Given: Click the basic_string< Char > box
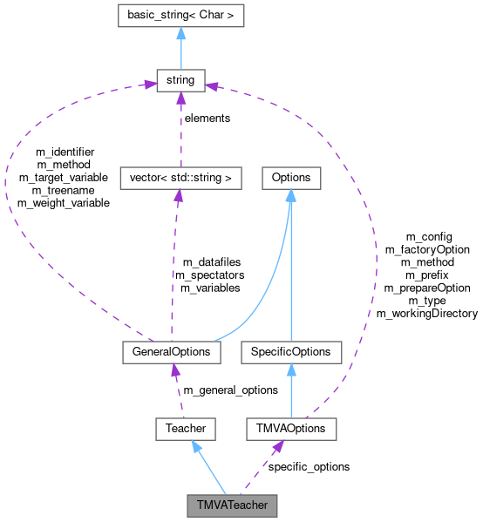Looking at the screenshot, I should [180, 16].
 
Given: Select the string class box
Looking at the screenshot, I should [180, 82].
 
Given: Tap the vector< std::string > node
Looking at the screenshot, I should [180, 178].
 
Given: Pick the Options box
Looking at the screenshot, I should [291, 178].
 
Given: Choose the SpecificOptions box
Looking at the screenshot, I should [291, 352].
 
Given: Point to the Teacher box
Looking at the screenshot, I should [186, 429].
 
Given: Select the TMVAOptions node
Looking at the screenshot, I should [291, 429].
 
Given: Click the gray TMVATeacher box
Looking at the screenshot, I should [233, 505].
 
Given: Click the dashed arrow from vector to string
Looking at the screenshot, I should [180, 131].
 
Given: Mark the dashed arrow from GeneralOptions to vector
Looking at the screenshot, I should [173, 261].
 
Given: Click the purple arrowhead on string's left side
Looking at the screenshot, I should [149, 86].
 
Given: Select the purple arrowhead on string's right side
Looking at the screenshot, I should [212, 85].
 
